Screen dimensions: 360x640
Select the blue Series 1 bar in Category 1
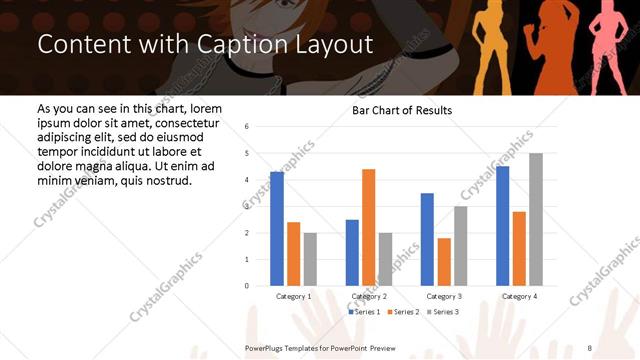(277, 229)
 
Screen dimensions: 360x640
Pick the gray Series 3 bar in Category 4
(536, 219)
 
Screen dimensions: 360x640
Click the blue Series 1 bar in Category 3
(427, 239)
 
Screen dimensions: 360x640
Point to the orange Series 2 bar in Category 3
(444, 262)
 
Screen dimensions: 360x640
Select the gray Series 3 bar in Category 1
(310, 259)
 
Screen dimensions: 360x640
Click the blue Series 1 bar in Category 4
(502, 226)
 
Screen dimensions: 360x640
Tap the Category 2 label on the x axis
(368, 297)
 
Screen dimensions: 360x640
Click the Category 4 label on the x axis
(518, 297)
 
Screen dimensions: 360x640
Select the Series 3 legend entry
(443, 312)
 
